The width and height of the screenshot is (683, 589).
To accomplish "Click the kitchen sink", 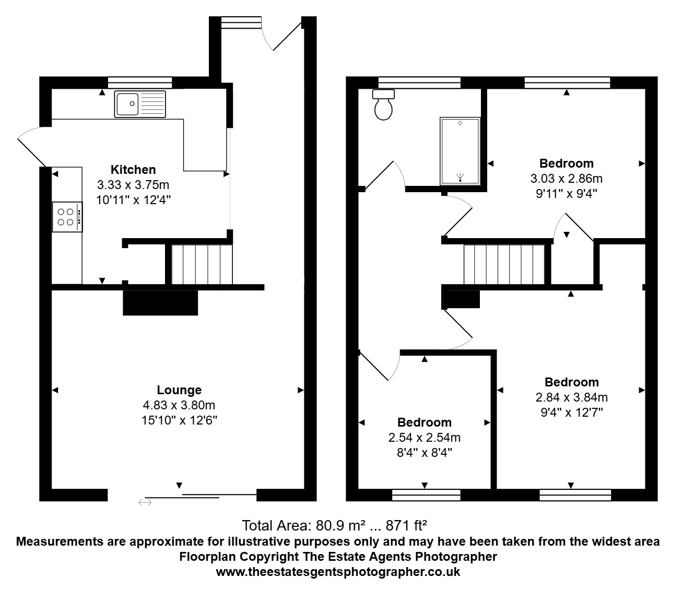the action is click(x=140, y=104).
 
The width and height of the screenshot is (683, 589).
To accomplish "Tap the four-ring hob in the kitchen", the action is click(x=67, y=217).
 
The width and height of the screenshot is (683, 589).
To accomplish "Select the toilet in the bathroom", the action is click(x=383, y=105).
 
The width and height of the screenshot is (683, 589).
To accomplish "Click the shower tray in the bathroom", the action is click(x=460, y=151).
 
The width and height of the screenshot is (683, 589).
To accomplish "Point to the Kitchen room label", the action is click(x=133, y=170).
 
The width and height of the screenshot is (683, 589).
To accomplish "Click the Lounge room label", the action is click(x=179, y=390).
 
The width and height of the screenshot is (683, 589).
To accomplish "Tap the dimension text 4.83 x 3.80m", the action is click(x=179, y=405).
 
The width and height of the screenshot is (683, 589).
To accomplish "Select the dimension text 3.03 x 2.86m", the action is click(x=567, y=179).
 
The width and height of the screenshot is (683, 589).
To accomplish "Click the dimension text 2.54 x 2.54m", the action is click(x=425, y=438).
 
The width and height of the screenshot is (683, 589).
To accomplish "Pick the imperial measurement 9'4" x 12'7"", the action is click(x=572, y=413).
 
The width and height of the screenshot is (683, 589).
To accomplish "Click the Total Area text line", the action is click(x=334, y=526).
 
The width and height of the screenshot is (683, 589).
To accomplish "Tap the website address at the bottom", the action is click(x=338, y=572).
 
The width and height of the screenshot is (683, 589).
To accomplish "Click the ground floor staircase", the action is click(x=202, y=264).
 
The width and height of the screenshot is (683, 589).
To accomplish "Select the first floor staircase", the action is click(x=504, y=264).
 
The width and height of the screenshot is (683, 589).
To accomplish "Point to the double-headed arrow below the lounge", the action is click(x=145, y=502).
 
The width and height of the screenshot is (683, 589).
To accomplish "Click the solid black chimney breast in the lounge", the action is click(x=160, y=302).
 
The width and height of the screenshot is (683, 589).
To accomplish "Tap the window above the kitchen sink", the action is click(x=140, y=83).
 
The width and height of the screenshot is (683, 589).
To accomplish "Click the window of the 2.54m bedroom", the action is click(x=426, y=495).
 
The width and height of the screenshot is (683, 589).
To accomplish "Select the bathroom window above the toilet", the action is click(x=419, y=83).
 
